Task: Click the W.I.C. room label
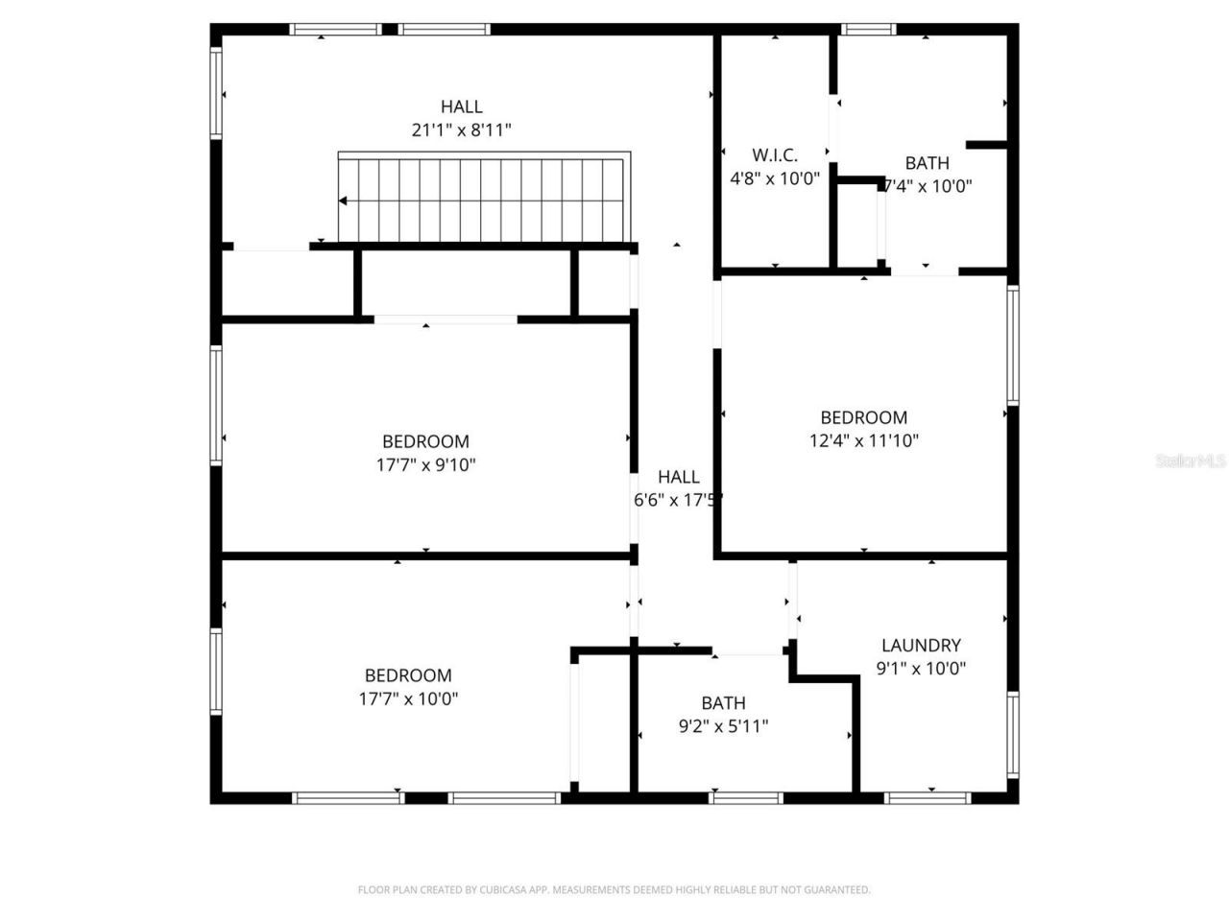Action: click(775, 154)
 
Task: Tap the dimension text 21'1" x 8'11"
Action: click(462, 130)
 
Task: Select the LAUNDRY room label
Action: click(921, 646)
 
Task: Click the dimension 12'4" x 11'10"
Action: click(864, 441)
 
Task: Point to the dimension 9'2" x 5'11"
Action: click(723, 726)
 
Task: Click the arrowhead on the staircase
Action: click(343, 201)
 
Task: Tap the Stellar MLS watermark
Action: click(1191, 461)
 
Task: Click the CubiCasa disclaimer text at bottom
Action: click(614, 890)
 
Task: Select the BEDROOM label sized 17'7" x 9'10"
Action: click(425, 441)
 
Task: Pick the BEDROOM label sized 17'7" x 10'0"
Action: click(408, 675)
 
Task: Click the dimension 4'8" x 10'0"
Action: click(775, 178)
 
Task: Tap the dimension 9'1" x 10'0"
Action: click(921, 669)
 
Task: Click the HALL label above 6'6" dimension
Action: click(679, 477)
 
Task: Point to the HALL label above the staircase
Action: click(462, 106)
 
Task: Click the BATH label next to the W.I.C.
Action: click(927, 163)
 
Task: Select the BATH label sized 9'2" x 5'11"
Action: click(723, 703)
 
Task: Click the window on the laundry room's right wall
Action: click(1013, 734)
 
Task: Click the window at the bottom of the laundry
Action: click(928, 797)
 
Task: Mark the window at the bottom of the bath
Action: click(746, 797)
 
